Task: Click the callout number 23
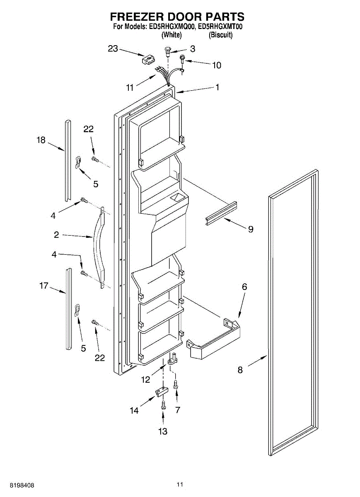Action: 113,48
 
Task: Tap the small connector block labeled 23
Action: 148,60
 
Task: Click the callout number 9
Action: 251,229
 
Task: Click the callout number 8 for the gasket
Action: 240,370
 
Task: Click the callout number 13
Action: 163,431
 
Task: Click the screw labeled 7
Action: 176,384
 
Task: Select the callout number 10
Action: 216,65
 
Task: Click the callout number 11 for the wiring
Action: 130,87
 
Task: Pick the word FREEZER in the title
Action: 135,17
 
